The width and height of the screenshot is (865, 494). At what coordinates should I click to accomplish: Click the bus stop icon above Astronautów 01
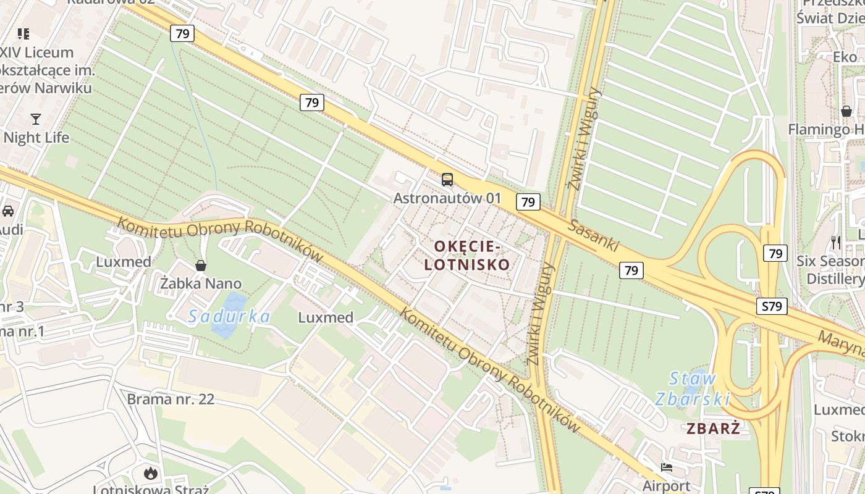coord(447,180)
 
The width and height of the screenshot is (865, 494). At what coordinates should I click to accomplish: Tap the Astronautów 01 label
coord(447,199)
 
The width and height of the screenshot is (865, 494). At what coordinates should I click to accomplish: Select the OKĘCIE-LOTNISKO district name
coord(472,256)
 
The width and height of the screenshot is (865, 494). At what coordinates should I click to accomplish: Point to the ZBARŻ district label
coord(713,429)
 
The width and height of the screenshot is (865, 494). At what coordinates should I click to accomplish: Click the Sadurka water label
coord(229,317)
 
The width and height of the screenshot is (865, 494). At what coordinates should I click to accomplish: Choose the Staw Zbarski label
coord(693,388)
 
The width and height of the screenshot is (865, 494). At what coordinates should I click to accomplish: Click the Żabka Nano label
coord(201,284)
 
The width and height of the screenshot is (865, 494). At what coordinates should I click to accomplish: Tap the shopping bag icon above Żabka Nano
coord(200,266)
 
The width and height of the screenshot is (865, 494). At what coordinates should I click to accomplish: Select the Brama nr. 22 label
coord(171,400)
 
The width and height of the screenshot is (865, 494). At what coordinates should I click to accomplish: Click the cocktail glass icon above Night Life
coord(36,119)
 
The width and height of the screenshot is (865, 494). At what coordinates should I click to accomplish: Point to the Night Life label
coord(36,137)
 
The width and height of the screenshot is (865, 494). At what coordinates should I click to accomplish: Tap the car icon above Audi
coord(8,211)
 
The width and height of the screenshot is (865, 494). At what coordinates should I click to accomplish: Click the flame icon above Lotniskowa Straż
coord(150,474)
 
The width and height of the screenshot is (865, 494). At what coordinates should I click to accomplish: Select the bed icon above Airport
coord(666,467)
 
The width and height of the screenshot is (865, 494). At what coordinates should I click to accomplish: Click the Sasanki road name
coord(594,235)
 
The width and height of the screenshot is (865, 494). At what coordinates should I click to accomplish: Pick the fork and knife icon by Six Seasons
coord(836,242)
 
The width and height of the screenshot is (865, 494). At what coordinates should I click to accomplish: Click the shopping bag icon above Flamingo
coord(846,111)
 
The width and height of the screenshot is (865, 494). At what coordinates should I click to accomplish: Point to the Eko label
coord(845,57)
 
